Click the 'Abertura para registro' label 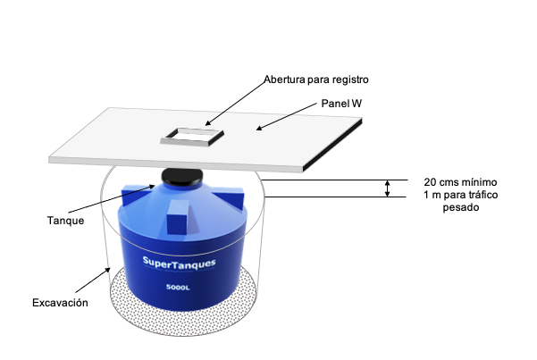[x=316, y=80]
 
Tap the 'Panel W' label [x=341, y=104]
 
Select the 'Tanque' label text [x=66, y=221]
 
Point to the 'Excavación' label [x=60, y=303]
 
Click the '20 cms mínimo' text [x=460, y=182]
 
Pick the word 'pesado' [x=461, y=207]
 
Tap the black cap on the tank [x=182, y=177]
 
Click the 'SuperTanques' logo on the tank [x=179, y=263]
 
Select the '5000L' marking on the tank [x=178, y=287]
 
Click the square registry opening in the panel [x=192, y=137]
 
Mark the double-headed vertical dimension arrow [x=387, y=188]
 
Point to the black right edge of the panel [x=333, y=145]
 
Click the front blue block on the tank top [x=178, y=217]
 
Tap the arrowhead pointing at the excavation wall [x=107, y=271]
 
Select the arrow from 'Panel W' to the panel [x=286, y=116]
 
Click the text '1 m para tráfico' [x=461, y=195]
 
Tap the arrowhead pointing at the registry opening [x=208, y=122]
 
